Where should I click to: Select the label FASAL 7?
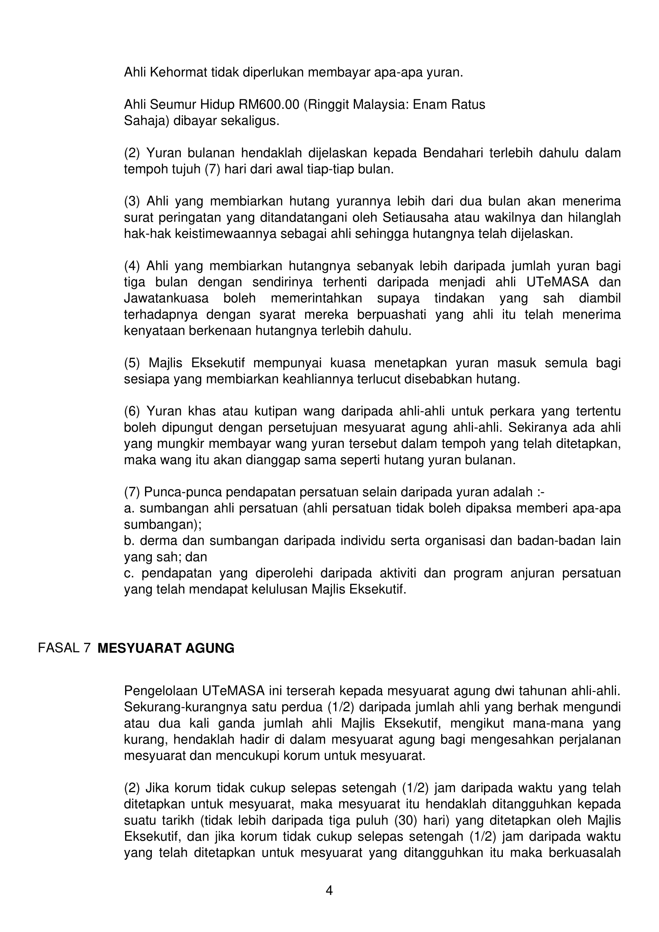pyautogui.click(x=64, y=648)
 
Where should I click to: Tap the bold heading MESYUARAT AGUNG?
pyautogui.click(x=166, y=648)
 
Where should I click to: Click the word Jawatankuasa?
pyautogui.click(x=166, y=298)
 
